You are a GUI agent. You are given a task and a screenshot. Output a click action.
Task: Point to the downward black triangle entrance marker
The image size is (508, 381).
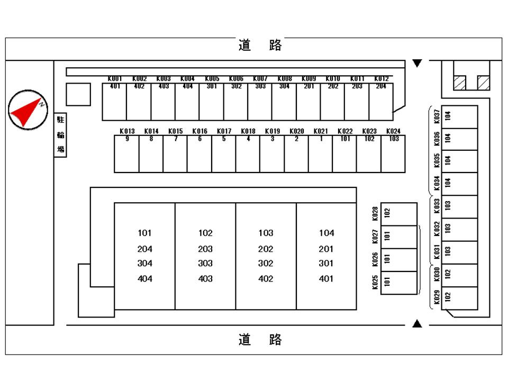[x=418, y=63]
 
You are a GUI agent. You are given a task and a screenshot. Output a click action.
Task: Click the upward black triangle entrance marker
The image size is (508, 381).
[x=418, y=323]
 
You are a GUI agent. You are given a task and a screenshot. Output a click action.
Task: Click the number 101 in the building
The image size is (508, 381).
[x=144, y=233]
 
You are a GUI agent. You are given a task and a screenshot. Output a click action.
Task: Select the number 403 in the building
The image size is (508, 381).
[x=205, y=279]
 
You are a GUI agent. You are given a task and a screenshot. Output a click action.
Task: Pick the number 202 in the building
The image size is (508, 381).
[x=266, y=249]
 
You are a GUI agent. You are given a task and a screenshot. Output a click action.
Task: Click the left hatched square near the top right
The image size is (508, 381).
[x=459, y=83]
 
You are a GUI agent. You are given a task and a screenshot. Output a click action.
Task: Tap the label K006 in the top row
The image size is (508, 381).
[x=236, y=78]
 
